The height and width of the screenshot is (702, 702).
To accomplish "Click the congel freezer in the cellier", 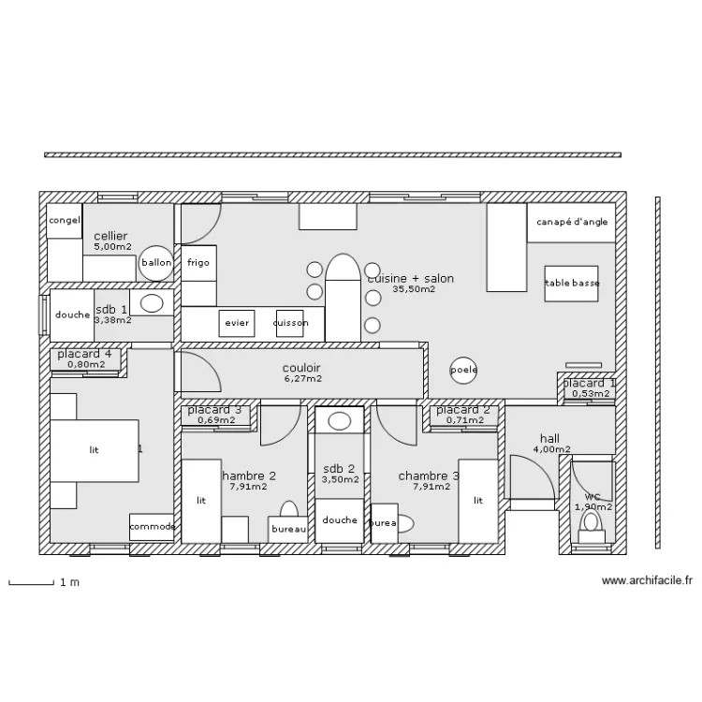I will click(65, 221).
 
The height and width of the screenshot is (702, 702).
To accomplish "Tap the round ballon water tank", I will click(156, 263).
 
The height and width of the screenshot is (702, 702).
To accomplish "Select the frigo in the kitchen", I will click(198, 263).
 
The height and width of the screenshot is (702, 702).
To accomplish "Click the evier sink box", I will click(237, 323).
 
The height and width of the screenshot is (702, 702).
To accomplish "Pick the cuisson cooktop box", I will click(291, 323).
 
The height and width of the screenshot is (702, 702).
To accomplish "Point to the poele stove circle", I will click(463, 370).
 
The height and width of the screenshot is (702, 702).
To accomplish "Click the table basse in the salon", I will click(572, 283).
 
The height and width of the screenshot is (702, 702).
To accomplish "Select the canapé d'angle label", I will click(571, 223).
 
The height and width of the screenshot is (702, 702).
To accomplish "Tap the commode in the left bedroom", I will click(152, 527).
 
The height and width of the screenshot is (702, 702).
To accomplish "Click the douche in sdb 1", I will click(72, 315).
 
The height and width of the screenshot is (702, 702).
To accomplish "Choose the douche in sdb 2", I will click(339, 520).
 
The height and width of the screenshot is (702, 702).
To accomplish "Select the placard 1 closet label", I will click(589, 383).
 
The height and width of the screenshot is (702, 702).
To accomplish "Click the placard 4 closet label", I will click(84, 354).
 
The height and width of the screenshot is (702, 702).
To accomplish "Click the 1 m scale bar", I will click(30, 583).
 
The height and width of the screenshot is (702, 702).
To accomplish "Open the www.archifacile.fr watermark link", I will click(647, 581).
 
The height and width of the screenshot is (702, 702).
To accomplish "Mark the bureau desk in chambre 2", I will click(288, 529).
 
